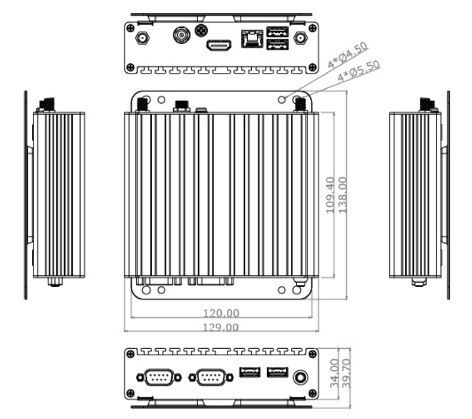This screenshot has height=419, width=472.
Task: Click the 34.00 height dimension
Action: click(x=334, y=373)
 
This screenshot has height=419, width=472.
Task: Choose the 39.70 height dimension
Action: click(x=345, y=373)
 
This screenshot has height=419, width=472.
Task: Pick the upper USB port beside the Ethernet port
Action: click(x=277, y=31)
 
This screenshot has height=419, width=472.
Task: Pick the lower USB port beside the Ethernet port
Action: click(x=277, y=45)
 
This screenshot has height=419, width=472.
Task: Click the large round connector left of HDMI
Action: click(x=182, y=35)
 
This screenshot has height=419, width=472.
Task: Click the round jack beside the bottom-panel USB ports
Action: click(x=301, y=377)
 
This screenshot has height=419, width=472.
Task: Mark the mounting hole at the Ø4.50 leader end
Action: click(x=283, y=99)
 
